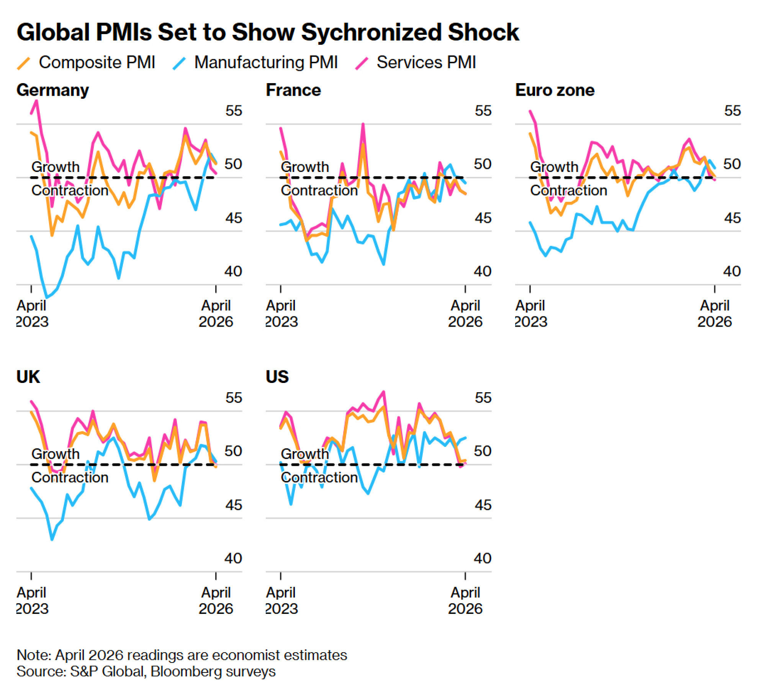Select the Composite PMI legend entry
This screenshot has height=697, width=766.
86,62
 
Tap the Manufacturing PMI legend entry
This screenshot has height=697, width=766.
255,62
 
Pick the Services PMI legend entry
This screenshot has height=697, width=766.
416,62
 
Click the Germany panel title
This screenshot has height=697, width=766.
52,90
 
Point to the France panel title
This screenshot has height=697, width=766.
293,90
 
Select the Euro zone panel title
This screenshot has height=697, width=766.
555,90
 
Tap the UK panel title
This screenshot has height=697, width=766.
28,377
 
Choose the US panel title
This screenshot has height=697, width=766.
277,377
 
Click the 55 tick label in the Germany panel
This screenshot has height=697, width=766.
234,111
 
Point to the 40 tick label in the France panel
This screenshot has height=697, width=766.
482,272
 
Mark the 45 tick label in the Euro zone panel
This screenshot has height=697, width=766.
732,218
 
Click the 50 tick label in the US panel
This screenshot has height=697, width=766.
482,451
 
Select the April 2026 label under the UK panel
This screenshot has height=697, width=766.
216,600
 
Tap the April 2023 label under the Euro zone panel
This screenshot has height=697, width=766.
530,314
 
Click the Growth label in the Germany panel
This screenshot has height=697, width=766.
56,167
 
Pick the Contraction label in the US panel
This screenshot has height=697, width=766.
319,478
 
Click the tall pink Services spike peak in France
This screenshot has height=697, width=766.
363,124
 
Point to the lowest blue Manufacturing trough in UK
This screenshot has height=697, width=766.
52,539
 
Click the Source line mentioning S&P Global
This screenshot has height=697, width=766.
146,672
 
